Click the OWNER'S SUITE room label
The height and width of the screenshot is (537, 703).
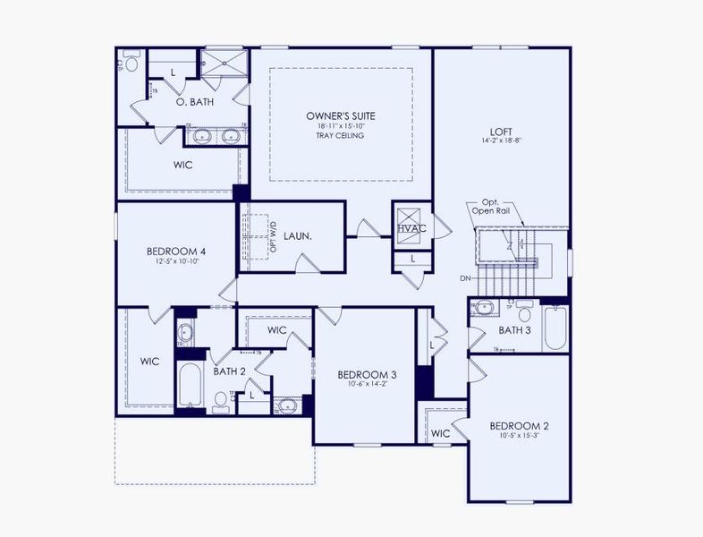point(340,116)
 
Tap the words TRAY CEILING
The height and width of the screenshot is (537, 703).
point(340,135)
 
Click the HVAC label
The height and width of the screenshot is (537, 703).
point(411,230)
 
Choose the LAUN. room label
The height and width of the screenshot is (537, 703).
point(298,236)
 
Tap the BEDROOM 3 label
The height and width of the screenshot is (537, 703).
point(367,374)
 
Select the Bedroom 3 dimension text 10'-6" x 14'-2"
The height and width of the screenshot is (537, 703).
point(367,385)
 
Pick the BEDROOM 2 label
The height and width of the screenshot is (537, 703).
point(519,425)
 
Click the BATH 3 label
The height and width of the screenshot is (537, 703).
point(515,330)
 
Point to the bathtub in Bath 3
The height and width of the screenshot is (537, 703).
point(555,328)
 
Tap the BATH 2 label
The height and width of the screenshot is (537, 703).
point(229,371)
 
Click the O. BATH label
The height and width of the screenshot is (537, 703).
point(194,102)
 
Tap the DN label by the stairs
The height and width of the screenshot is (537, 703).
point(465,278)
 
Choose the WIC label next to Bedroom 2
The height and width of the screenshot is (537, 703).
point(440,433)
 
